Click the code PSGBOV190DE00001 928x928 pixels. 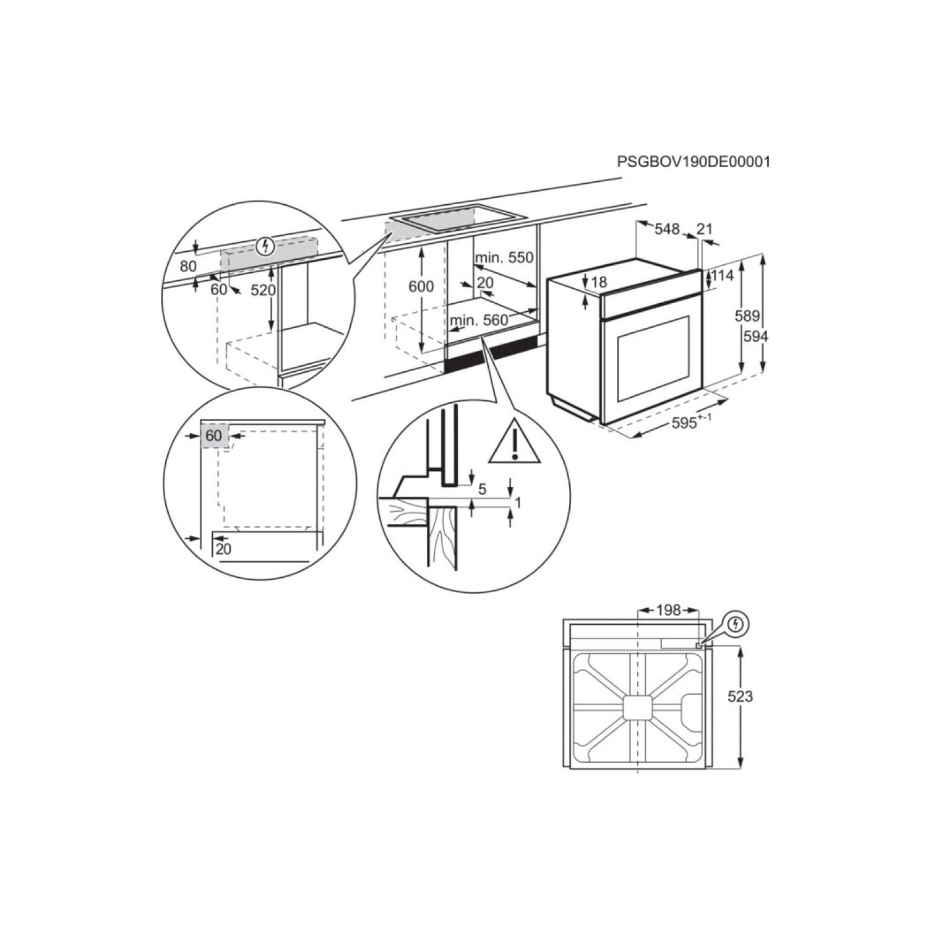tap(694, 162)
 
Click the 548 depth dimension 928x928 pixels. tap(667, 229)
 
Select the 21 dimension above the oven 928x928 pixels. tap(704, 229)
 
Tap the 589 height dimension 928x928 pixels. tap(747, 316)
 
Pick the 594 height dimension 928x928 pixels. tap(755, 337)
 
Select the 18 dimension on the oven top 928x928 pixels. tap(599, 283)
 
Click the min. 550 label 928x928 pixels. tap(504, 257)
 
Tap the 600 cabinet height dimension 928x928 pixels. tap(421, 286)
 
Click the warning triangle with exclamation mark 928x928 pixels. tap(514, 444)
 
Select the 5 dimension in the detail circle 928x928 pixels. tap(483, 489)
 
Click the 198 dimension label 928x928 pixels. tap(668, 611)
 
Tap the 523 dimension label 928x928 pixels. tap(740, 697)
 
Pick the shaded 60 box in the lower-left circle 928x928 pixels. tap(214, 436)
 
